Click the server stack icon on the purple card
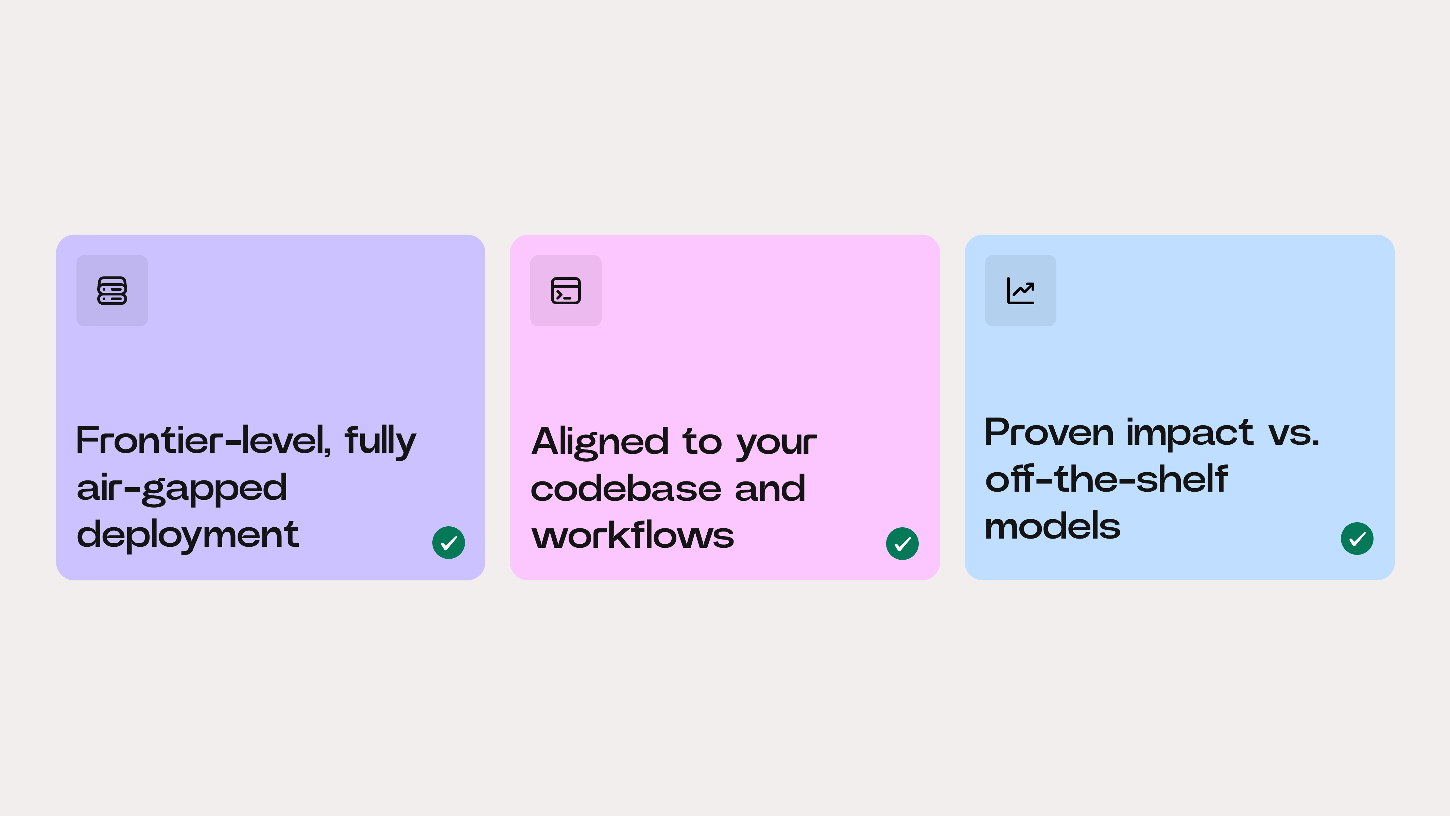click(x=112, y=291)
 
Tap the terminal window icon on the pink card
click(x=566, y=291)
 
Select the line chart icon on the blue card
click(x=1020, y=291)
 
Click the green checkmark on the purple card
click(x=449, y=543)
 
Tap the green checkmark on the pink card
click(x=902, y=543)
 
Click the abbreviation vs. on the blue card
click(x=1294, y=434)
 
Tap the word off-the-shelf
click(x=1106, y=479)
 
